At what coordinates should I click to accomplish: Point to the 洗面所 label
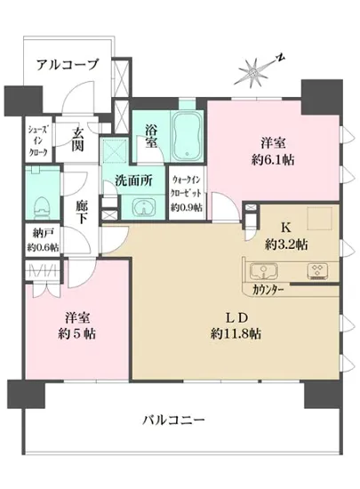click(x=133, y=180)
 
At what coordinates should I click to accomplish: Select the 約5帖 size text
click(x=77, y=334)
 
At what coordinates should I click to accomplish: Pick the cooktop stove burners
click(x=315, y=270)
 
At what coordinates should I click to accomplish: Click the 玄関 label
click(x=77, y=141)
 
